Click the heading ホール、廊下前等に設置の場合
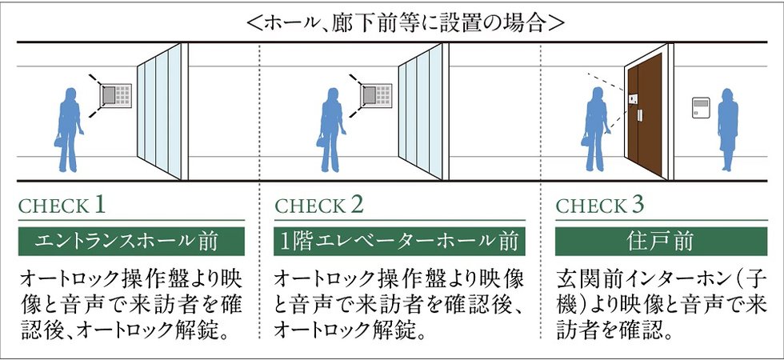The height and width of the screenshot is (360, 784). [x=392, y=22]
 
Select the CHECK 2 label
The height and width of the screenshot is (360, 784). [x=319, y=206]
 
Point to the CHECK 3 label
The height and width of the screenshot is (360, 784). [x=600, y=206]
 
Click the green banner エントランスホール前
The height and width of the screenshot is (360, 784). [x=131, y=240]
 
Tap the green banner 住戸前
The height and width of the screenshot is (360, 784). [x=662, y=240]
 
